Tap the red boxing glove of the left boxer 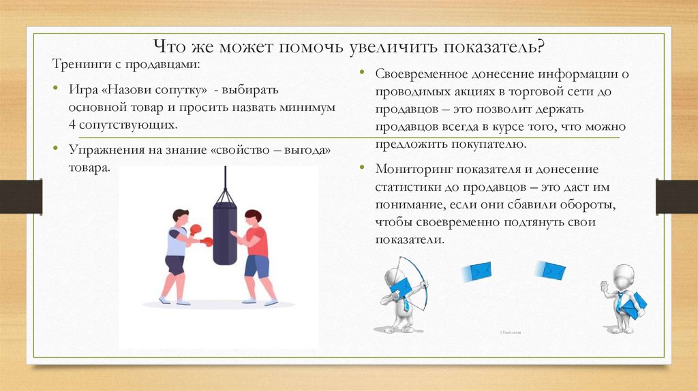click(x=196, y=230)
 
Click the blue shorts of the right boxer click(x=257, y=266)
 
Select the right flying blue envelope click(x=551, y=270)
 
